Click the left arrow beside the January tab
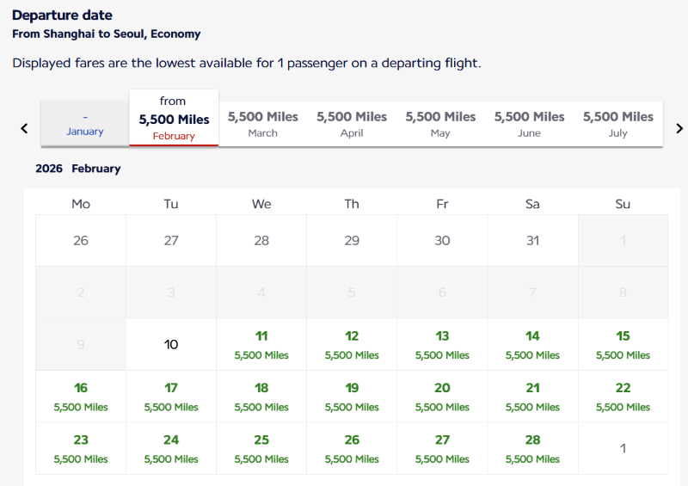(24, 128)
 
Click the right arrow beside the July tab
(679, 128)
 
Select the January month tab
(85, 124)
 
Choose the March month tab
(263, 124)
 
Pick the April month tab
(352, 124)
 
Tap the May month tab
(440, 124)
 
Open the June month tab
(529, 124)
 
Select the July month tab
(618, 124)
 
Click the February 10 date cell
(171, 344)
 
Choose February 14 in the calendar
(532, 344)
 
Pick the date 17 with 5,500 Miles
(171, 396)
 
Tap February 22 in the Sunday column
(623, 396)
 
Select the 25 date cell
(261, 447)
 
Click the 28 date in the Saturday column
(532, 447)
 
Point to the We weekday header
(261, 204)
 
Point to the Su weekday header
(623, 204)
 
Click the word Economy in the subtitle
(175, 34)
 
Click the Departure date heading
(62, 15)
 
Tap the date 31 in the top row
(532, 241)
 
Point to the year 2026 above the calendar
(49, 169)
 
